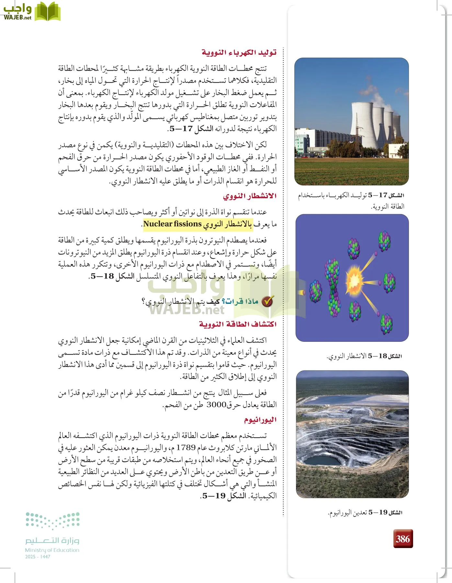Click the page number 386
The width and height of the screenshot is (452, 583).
(x=403, y=539)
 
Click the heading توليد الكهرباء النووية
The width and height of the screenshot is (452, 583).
(x=239, y=52)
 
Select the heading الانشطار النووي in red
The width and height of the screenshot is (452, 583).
(x=250, y=196)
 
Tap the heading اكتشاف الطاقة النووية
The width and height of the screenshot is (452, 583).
(x=238, y=324)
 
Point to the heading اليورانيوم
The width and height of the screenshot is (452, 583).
(x=260, y=420)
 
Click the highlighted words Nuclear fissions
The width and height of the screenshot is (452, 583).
(x=173, y=224)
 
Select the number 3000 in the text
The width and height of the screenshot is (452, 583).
(x=216, y=405)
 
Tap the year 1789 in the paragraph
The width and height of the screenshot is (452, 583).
(x=186, y=448)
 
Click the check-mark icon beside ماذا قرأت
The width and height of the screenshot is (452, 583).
(x=267, y=302)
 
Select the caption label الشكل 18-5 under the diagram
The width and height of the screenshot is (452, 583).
(x=385, y=356)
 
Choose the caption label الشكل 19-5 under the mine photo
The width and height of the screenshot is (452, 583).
(x=385, y=512)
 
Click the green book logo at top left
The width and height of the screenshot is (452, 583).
(x=47, y=11)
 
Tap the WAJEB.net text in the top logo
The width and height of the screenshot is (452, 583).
(x=17, y=17)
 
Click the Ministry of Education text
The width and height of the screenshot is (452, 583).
(x=52, y=550)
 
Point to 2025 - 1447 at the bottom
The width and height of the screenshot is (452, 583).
(x=38, y=557)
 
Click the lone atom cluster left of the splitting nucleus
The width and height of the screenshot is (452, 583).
(x=315, y=291)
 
